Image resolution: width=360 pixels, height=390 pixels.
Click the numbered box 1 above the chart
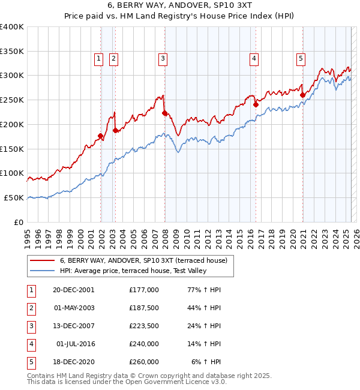[x=98, y=58]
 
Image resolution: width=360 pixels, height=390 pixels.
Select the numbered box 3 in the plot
[x=163, y=58]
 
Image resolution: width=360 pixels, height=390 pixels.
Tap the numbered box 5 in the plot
[x=301, y=58]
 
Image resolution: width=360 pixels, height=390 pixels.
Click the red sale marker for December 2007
[x=164, y=112]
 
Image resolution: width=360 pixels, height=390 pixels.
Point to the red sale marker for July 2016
[x=256, y=104]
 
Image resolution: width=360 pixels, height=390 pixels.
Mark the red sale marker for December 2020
[x=303, y=94]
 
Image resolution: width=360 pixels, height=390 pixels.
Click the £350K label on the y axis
[x=11, y=51]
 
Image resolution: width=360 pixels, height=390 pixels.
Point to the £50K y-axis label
[x=14, y=197]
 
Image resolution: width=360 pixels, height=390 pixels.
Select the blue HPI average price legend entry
[x=131, y=271]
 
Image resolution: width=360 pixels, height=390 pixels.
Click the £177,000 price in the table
[x=143, y=289]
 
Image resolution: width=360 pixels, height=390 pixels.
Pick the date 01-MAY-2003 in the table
[x=74, y=307]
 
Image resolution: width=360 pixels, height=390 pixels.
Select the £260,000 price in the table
[x=143, y=362]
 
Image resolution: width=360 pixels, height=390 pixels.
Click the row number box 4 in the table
[x=30, y=344]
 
